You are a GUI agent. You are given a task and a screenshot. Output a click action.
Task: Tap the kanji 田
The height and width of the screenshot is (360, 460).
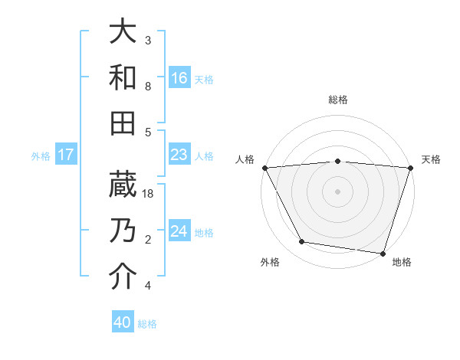tap(123, 123)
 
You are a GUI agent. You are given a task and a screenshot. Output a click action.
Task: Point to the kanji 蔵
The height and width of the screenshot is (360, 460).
tap(123, 185)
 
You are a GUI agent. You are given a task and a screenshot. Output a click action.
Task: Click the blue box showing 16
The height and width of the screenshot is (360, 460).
tap(179, 77)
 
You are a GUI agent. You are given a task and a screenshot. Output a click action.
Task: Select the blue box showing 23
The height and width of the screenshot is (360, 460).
tap(179, 155)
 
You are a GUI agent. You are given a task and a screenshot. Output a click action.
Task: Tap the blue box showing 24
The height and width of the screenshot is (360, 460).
tap(179, 231)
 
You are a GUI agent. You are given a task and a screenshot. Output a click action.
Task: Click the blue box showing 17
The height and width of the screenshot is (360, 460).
tap(66, 155)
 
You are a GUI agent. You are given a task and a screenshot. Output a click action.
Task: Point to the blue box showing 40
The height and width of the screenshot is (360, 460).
tap(123, 322)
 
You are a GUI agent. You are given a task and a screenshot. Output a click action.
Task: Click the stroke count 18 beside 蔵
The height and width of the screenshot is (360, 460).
tap(149, 194)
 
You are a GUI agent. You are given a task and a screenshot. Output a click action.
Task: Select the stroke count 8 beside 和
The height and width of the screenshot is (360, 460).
tap(148, 87)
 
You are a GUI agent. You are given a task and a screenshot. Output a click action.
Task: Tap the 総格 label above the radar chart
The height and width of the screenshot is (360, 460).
tap(338, 100)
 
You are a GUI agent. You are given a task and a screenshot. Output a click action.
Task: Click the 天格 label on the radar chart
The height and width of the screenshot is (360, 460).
tap(431, 159)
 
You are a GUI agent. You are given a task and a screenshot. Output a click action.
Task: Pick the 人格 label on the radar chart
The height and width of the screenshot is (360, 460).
tap(245, 159)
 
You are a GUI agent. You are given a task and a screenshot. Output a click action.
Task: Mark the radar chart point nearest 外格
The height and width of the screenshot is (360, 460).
tap(302, 242)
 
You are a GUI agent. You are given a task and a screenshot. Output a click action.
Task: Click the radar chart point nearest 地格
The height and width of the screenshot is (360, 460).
tap(383, 253)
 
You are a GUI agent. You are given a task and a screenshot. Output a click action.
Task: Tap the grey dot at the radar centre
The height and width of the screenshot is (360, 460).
tap(338, 191)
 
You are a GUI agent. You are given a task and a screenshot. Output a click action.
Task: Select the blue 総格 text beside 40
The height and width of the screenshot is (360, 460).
tap(147, 324)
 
